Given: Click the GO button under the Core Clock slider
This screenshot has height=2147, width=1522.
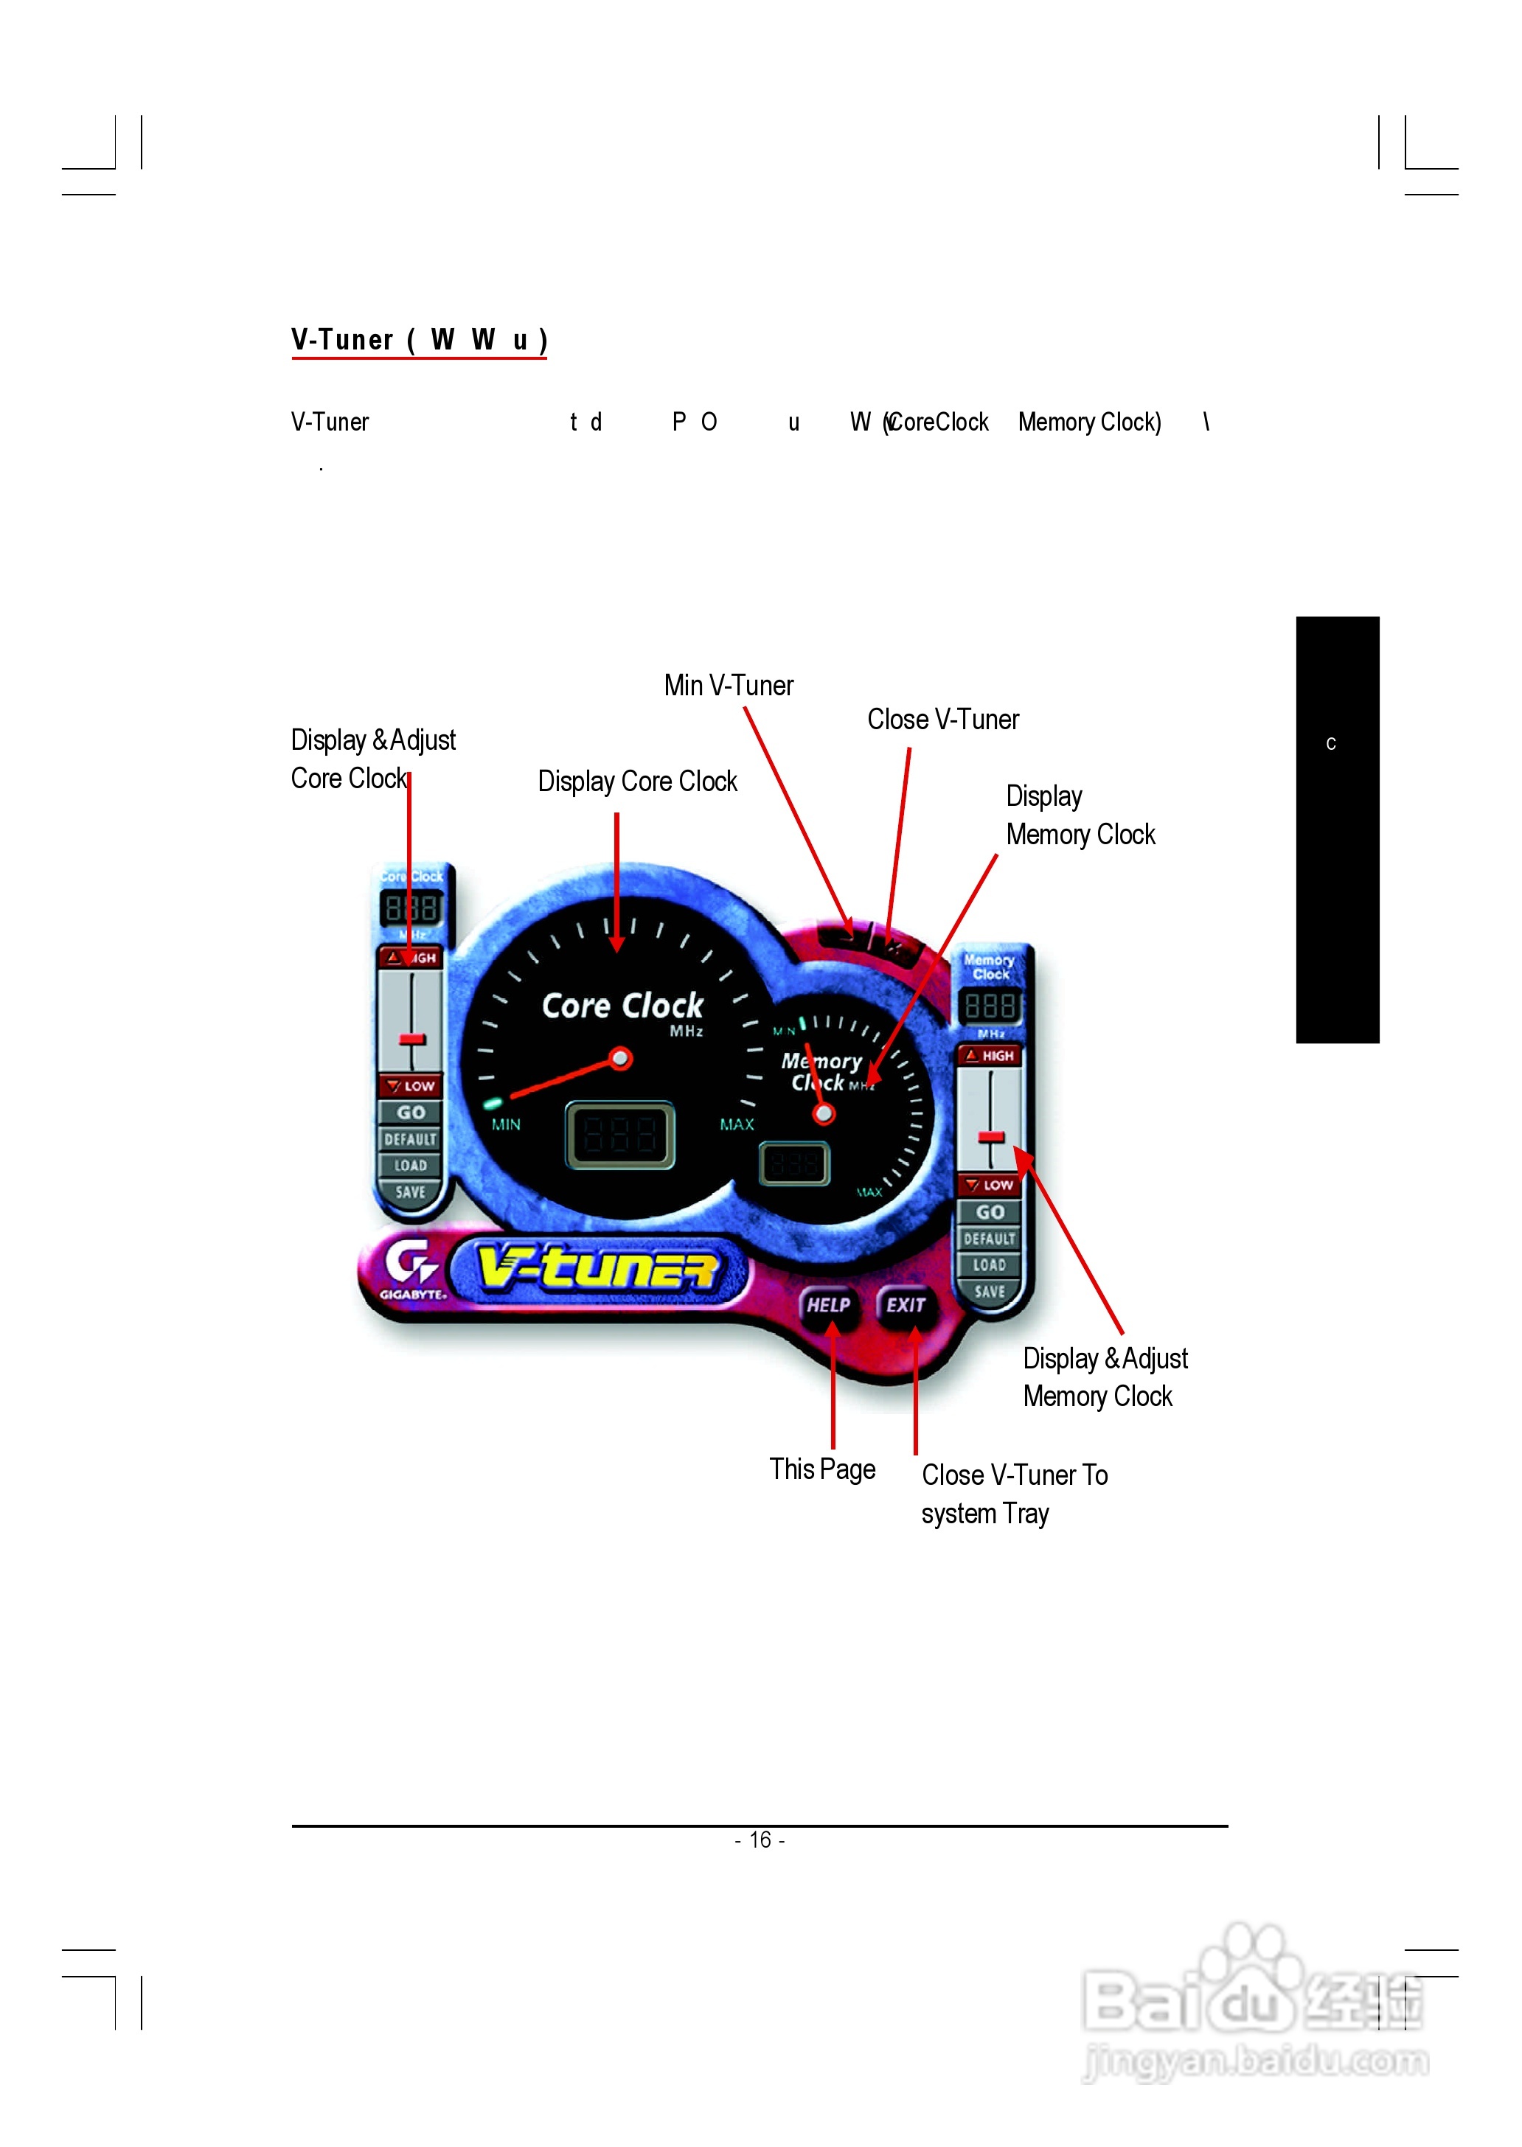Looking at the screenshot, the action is [x=411, y=1113].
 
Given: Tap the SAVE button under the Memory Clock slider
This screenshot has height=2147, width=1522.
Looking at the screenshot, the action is [x=989, y=1292].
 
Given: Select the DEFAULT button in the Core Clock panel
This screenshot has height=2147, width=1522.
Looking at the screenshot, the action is [x=411, y=1140].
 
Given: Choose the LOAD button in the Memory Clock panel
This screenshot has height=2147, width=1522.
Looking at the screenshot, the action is [x=989, y=1265].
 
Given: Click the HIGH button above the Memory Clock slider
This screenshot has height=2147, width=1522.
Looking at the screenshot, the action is [x=990, y=1055].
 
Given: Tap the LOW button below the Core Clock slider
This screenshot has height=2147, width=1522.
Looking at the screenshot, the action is [x=411, y=1086].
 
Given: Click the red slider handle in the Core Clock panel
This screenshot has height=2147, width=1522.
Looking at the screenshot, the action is [x=412, y=1040].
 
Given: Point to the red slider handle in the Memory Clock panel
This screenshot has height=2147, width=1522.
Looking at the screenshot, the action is [x=990, y=1137].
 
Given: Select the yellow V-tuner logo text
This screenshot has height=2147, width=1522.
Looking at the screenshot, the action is [x=598, y=1268].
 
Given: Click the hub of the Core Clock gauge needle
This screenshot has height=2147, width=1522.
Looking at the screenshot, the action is [x=619, y=1059].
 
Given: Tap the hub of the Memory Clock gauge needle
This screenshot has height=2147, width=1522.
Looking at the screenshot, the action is [x=824, y=1114].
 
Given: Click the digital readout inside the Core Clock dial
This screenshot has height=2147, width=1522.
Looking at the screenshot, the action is [x=619, y=1135].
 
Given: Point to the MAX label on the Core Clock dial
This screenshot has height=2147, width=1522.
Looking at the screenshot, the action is [x=737, y=1124].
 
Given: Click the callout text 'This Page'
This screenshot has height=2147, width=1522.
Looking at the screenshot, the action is [x=822, y=1469].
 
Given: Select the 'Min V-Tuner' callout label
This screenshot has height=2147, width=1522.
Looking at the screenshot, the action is [x=729, y=685].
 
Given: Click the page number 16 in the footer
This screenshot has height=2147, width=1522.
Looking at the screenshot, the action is [x=760, y=1840].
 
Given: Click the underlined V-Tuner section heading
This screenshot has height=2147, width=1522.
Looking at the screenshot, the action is [x=419, y=339].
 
